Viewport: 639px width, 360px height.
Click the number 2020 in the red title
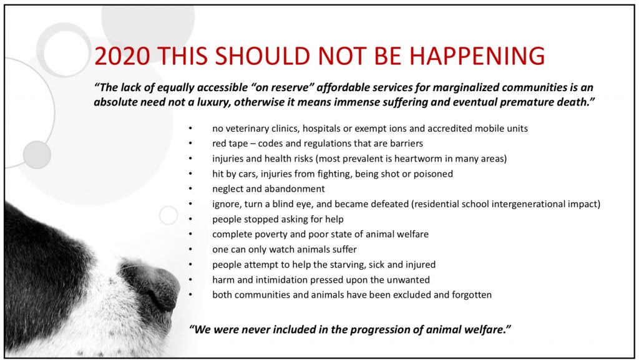tap(122, 56)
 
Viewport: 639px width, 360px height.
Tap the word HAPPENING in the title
tap(477, 56)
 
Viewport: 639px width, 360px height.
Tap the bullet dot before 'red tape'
tap(190, 144)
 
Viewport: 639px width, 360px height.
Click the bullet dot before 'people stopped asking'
tap(190, 219)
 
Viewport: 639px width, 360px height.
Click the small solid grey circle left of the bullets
tap(37, 155)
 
